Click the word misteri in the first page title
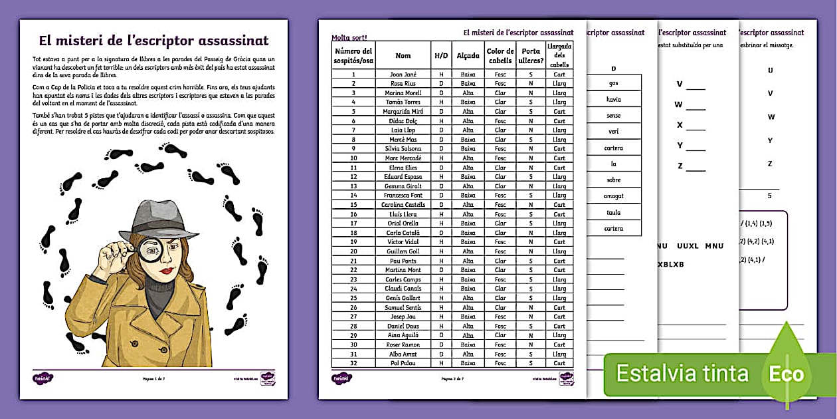click(89, 41)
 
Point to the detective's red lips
click(165, 271)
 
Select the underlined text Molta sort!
click(349, 38)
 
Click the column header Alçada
click(468, 56)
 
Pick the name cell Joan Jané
click(403, 74)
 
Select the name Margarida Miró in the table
click(403, 112)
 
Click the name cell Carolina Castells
click(403, 205)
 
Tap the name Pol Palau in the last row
click(403, 363)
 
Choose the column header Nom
click(403, 56)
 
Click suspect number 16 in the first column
click(353, 214)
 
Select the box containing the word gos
click(613, 83)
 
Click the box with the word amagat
click(613, 196)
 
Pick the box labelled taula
click(613, 213)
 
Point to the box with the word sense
click(613, 116)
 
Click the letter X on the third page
click(680, 125)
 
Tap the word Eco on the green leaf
click(787, 374)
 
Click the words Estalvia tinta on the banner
click(682, 374)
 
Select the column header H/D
click(441, 56)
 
